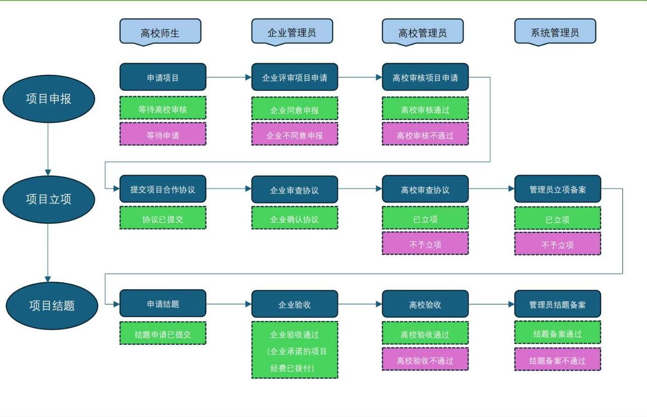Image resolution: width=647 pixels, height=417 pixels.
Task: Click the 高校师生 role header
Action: [x=160, y=32]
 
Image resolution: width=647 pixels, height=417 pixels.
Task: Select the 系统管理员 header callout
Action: [x=555, y=32]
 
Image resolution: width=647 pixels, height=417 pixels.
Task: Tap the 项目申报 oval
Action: [x=49, y=99]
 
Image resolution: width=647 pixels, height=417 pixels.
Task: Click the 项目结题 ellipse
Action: [x=52, y=305]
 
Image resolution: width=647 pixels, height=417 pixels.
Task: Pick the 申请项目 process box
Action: [x=163, y=77]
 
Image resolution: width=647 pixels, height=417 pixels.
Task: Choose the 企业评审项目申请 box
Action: [x=295, y=77]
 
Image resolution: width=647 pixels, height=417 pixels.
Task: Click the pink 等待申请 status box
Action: [x=163, y=134]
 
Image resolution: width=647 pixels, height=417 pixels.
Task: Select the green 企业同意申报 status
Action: [x=295, y=109]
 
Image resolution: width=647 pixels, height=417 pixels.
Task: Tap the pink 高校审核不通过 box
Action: [x=425, y=134]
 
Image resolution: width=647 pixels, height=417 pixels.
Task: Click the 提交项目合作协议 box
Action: [x=163, y=190]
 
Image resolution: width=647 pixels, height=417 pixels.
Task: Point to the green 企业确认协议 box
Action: [x=295, y=218]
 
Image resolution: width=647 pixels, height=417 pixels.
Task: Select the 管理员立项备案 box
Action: [x=558, y=190]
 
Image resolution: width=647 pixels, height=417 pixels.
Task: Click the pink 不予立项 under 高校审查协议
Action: [x=425, y=244]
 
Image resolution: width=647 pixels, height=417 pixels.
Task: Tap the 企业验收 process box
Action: [x=295, y=304]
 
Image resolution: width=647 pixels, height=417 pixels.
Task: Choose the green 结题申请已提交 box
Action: [x=163, y=334]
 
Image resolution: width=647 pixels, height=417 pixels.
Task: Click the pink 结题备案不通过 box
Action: [x=558, y=359]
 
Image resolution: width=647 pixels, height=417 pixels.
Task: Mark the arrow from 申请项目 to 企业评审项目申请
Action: [x=228, y=77]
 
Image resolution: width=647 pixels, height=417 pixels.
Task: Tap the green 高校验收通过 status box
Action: [x=425, y=334]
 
